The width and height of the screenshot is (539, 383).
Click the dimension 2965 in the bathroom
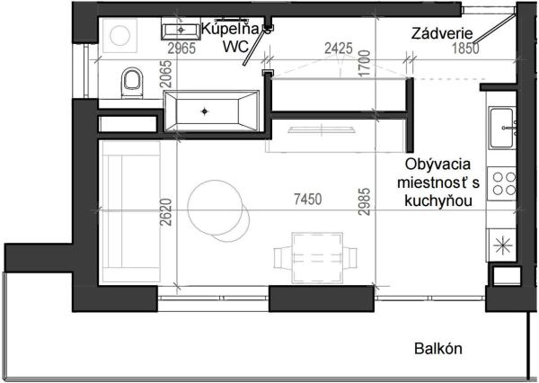[x=181, y=50]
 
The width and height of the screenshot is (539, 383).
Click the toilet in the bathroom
[x=132, y=83]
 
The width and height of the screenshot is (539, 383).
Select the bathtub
[x=208, y=111]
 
